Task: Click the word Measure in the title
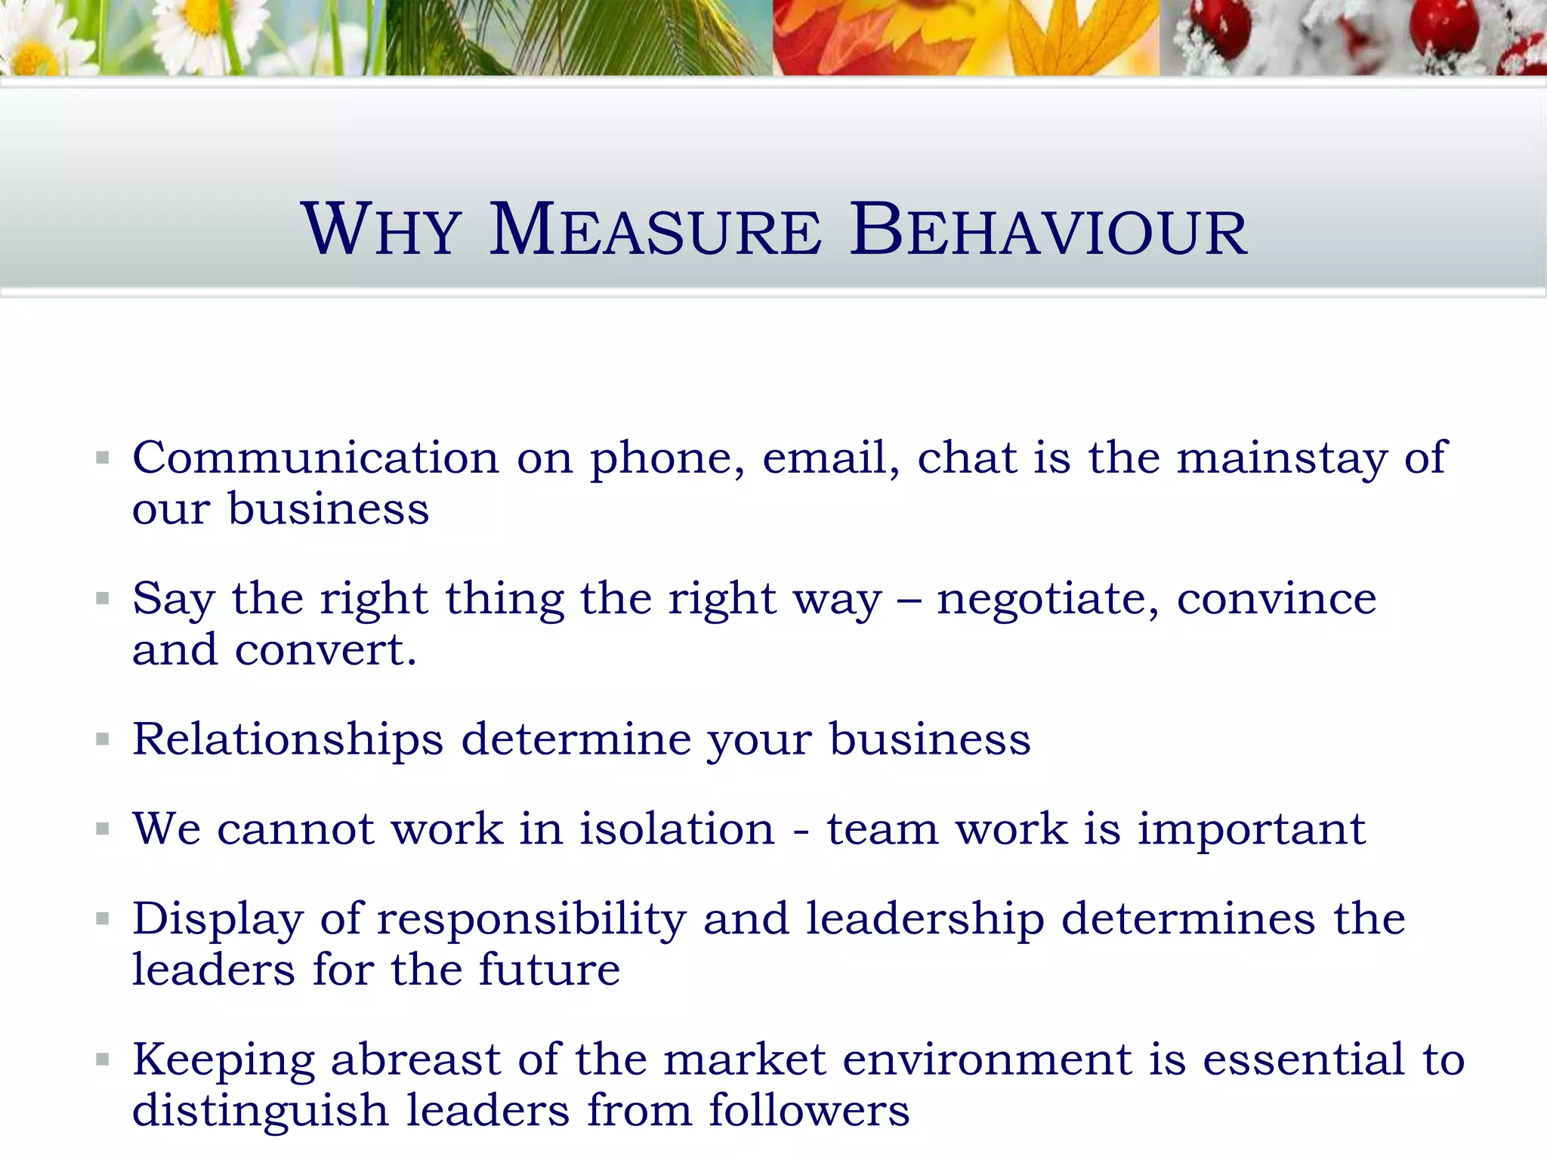tap(655, 230)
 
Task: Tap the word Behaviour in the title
tap(1048, 230)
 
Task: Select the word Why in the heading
tap(381, 230)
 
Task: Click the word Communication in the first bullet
tap(315, 458)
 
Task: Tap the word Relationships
tap(288, 740)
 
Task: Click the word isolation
tap(677, 829)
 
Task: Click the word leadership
tap(925, 920)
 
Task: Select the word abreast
tap(415, 1060)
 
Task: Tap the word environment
tap(987, 1060)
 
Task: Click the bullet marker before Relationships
tap(103, 739)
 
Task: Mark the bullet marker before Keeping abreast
tap(103, 1060)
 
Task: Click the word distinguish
tap(260, 1112)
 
